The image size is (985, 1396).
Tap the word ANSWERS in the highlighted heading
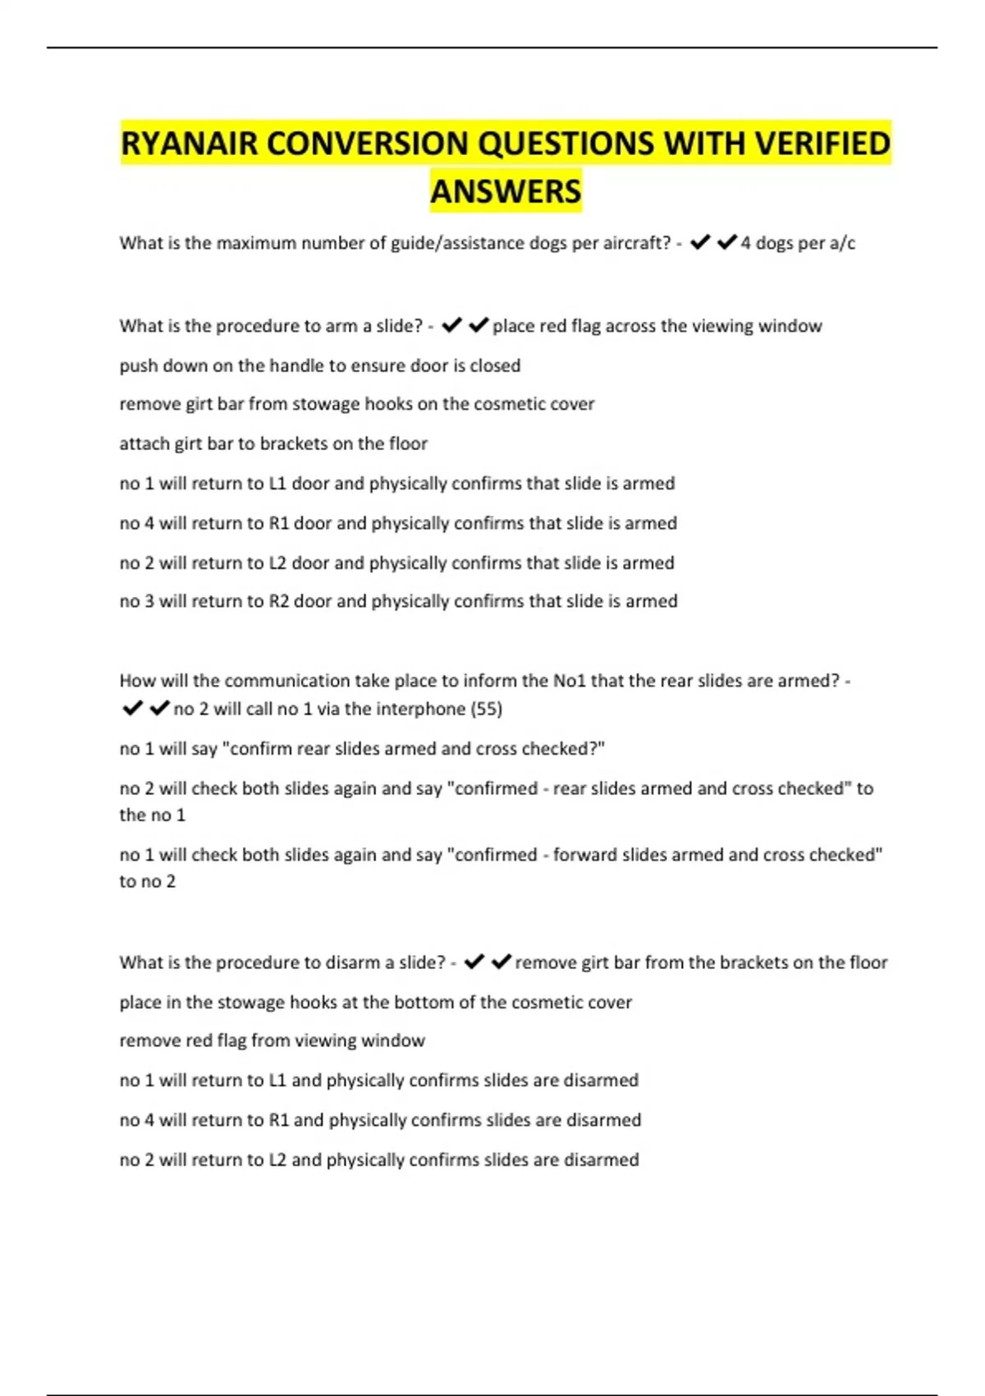click(x=506, y=191)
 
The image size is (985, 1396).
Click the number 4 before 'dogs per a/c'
click(x=745, y=243)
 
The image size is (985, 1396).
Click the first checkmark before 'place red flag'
click(x=451, y=326)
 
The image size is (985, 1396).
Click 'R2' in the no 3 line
click(x=279, y=601)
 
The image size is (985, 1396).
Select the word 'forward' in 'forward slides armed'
click(x=582, y=855)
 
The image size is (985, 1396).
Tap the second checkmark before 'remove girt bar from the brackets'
click(x=501, y=962)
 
